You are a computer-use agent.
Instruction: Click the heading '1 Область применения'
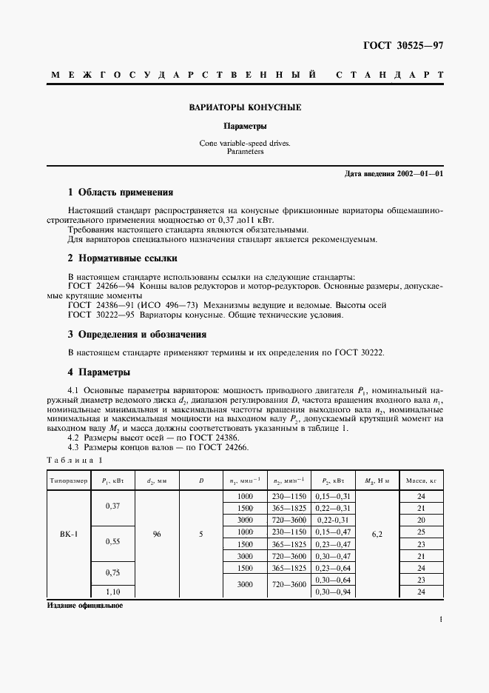pos(120,192)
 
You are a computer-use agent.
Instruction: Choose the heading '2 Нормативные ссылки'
pos(122,258)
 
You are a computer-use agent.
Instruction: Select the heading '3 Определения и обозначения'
pos(137,334)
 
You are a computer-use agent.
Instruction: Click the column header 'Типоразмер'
pos(69,480)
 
